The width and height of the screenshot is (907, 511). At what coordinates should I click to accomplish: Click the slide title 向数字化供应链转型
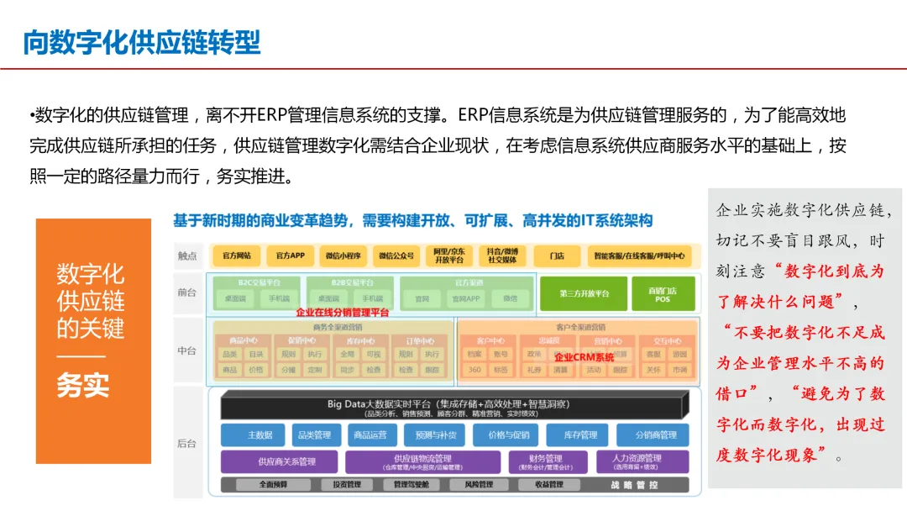click(141, 41)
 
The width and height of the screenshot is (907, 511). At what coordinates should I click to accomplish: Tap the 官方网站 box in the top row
click(237, 255)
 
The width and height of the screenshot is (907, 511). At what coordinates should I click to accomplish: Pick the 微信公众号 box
click(395, 255)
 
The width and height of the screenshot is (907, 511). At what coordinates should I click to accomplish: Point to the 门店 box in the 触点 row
click(556, 255)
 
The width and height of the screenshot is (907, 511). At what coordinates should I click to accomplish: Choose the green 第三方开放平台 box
click(584, 294)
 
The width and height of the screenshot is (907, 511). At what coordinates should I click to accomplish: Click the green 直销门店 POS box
click(663, 294)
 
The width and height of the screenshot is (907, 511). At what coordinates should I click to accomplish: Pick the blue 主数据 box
click(260, 435)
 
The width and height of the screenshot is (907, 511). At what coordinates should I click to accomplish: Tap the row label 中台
click(186, 350)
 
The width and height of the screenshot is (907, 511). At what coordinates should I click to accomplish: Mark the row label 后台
click(186, 441)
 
